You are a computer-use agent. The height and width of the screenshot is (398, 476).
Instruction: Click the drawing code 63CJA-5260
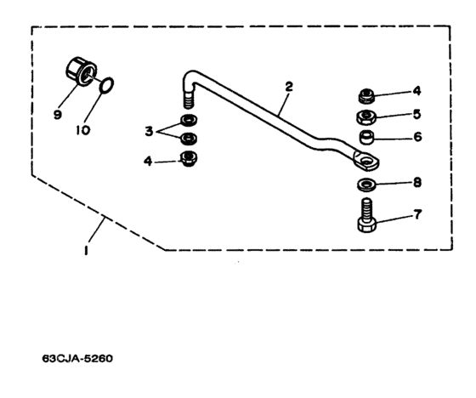[x=77, y=359]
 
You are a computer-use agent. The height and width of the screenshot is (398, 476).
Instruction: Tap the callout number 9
[x=57, y=115]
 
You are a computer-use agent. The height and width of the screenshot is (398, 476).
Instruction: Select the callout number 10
[x=83, y=130]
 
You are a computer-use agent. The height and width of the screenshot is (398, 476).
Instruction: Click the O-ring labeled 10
[x=107, y=86]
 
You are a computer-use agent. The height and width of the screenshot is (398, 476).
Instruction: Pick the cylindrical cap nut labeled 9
[x=81, y=71]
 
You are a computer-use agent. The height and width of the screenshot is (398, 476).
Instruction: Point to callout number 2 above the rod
[x=289, y=87]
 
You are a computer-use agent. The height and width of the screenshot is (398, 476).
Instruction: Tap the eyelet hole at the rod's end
[x=368, y=161]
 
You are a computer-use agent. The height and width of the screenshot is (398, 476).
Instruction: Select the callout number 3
[x=149, y=132]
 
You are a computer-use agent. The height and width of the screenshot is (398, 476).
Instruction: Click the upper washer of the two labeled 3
[x=189, y=120]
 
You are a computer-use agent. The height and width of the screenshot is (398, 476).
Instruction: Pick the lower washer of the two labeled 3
[x=189, y=139]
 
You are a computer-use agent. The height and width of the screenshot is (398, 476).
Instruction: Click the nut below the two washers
[x=189, y=158]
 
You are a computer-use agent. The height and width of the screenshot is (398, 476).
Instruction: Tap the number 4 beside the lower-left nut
[x=148, y=161]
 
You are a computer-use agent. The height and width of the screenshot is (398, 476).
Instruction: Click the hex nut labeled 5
[x=366, y=117]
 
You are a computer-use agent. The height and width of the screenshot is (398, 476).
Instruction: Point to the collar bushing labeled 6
[x=366, y=137]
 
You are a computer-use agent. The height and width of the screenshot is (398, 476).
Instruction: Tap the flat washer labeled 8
[x=366, y=185]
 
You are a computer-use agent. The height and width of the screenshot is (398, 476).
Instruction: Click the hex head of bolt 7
[x=367, y=225]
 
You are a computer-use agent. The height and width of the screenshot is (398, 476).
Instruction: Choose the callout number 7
[x=417, y=214]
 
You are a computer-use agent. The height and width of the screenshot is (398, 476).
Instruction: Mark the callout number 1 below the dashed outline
[x=86, y=250]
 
